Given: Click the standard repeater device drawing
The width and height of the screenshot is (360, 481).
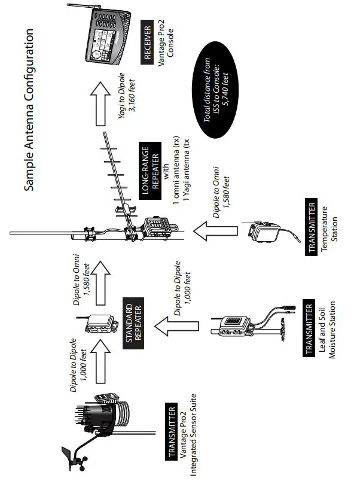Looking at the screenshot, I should pyautogui.click(x=99, y=323).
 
